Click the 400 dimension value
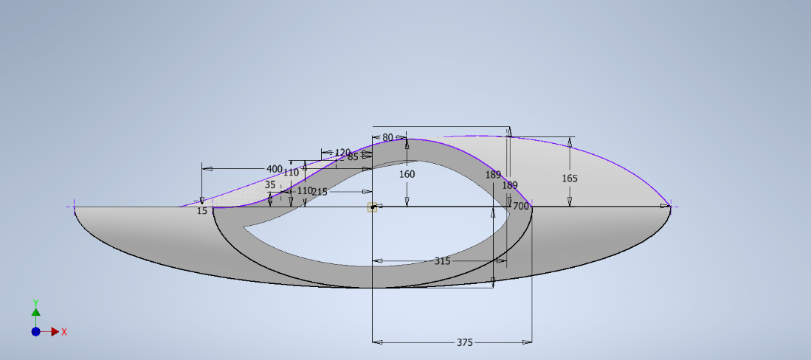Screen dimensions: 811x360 [274, 169]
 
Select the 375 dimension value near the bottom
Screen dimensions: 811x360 [464, 342]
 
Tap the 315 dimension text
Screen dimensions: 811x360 [442, 261]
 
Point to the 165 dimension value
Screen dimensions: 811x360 [570, 179]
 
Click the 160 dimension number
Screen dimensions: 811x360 [407, 174]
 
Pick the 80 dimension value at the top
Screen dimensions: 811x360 [388, 138]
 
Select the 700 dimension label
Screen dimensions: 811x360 [521, 207]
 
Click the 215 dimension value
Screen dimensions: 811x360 [320, 192]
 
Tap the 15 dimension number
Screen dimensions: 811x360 [202, 211]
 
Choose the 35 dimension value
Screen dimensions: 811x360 [271, 184]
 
